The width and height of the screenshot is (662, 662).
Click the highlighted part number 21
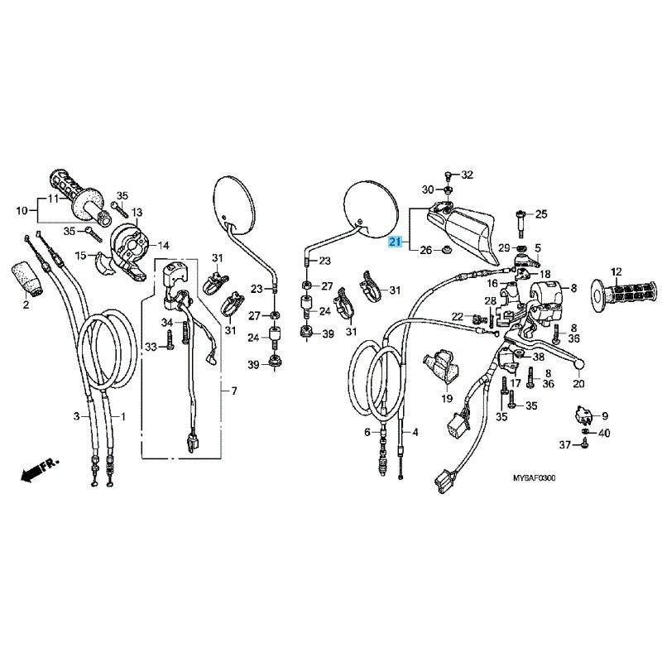pos(395,242)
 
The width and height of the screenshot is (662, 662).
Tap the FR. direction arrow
pos(40,468)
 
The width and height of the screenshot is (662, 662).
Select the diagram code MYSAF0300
pos(534,478)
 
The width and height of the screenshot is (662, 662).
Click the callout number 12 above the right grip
pos(616,272)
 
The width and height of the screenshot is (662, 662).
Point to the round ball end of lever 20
pos(578,363)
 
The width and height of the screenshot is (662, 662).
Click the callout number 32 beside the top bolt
pos(467,175)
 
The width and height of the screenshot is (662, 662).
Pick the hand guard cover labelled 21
pos(460,233)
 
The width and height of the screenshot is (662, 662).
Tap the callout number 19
pos(447,398)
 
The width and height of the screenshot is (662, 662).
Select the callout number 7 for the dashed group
pos(234,391)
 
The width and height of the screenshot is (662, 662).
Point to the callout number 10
pos(22,210)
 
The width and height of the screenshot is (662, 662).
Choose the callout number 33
pos(151,347)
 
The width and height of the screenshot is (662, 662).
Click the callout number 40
pos(605,433)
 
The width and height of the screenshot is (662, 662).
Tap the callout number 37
pos(565,444)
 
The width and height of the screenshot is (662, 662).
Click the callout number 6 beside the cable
pos(367,432)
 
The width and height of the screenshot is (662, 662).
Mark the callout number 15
pos(80,256)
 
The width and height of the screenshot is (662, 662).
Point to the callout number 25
pos(541,214)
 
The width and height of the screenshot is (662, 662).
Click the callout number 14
pos(163,245)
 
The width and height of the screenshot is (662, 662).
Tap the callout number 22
pos(458,316)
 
